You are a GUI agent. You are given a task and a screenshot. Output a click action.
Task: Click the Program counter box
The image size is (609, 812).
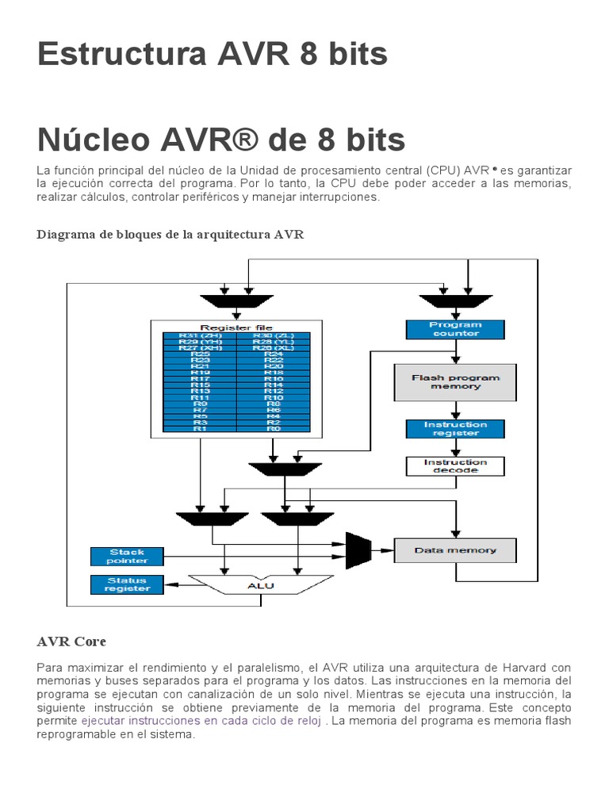(455, 329)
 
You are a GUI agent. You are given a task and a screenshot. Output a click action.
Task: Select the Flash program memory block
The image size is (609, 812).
(455, 382)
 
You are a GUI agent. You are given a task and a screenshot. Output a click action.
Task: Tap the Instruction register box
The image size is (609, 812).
(455, 429)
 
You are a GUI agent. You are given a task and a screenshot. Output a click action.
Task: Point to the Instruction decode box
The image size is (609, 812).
(455, 466)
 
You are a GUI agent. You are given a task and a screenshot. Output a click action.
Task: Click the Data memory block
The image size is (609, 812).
(455, 550)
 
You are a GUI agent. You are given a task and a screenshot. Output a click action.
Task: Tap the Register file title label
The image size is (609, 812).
(236, 327)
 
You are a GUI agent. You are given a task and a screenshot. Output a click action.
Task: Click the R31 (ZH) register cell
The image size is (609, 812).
(199, 336)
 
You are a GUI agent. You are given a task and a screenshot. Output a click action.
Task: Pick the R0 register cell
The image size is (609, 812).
(274, 428)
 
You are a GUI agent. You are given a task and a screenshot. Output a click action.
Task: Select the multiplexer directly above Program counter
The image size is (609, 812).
(455, 301)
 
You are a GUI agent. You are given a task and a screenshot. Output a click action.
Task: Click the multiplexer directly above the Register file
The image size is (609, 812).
(236, 301)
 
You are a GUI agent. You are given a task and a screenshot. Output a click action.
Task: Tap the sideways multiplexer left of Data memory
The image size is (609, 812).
(359, 546)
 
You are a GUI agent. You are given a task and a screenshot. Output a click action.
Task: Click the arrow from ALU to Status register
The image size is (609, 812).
(182, 585)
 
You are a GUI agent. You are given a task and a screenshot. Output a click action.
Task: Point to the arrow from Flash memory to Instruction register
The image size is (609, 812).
(455, 410)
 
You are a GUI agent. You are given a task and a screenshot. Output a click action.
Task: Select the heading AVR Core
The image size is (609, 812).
(71, 641)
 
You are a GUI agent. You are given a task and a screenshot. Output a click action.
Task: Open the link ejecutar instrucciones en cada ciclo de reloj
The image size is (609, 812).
(201, 721)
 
